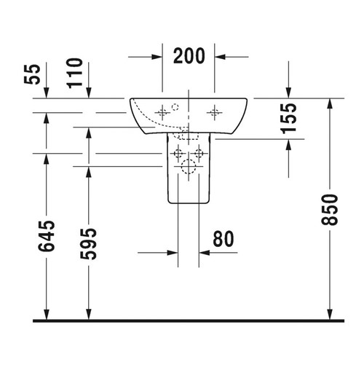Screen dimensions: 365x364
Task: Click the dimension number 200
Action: coord(188,55)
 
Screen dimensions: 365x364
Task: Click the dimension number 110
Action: coord(88,74)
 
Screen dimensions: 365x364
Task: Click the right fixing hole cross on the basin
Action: coord(215,112)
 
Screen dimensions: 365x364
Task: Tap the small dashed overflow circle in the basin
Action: coord(174,106)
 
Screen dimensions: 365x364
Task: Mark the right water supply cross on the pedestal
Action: coord(199,154)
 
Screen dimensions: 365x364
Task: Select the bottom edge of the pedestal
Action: coord(188,203)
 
